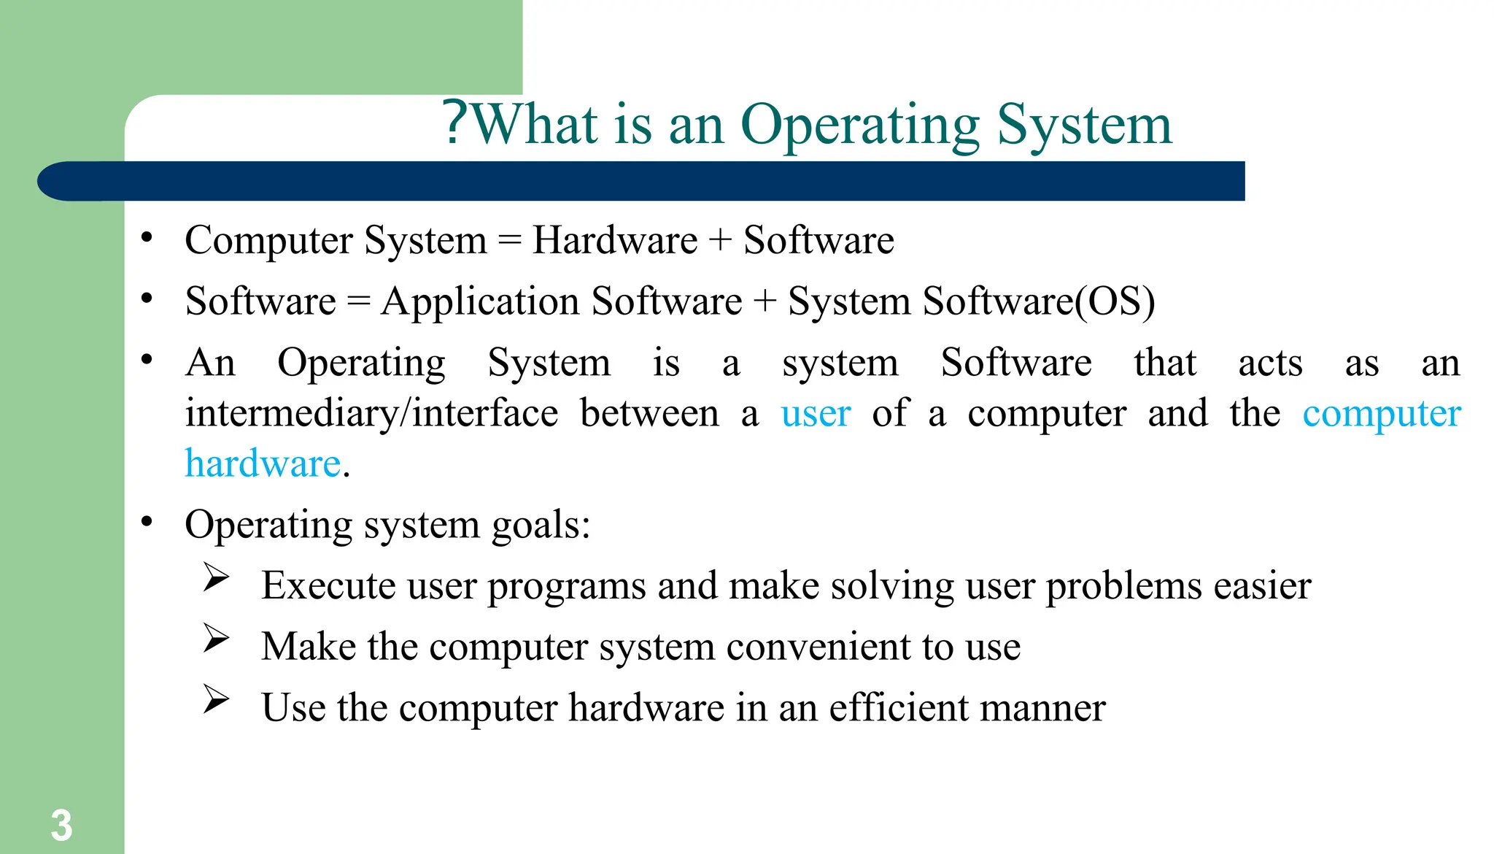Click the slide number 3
click(x=61, y=826)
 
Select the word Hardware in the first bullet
click(x=615, y=240)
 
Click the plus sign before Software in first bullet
click(x=720, y=240)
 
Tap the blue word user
click(x=816, y=413)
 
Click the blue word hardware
click(x=263, y=463)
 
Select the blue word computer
click(x=1381, y=413)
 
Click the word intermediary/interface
click(x=371, y=413)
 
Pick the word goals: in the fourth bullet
click(x=541, y=524)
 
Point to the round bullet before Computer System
click(x=147, y=237)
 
